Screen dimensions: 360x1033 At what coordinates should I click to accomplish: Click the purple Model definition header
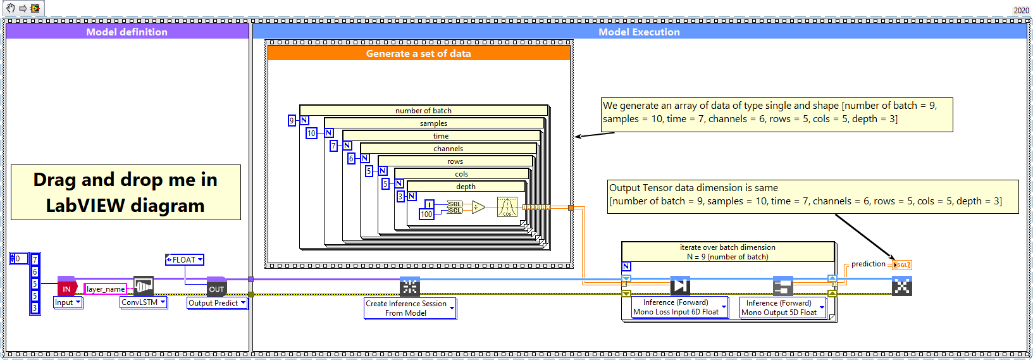point(127,32)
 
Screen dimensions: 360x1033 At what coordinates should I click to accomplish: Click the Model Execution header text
point(639,32)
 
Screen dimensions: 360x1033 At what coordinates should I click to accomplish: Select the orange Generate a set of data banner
point(418,54)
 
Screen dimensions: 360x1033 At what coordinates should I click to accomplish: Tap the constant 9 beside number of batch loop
point(292,120)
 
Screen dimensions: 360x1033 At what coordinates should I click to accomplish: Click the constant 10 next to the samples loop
point(311,133)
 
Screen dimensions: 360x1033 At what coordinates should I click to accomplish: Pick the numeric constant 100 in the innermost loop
point(426,214)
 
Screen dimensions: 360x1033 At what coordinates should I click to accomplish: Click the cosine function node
point(507,207)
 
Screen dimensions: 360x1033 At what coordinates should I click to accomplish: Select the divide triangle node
point(478,207)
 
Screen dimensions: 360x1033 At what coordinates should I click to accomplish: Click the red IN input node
point(66,289)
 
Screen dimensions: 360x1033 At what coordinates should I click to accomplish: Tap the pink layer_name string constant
point(105,289)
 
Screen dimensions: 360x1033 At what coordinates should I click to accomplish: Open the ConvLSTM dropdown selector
point(144,302)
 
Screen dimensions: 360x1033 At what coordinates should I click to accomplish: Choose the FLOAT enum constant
point(185,259)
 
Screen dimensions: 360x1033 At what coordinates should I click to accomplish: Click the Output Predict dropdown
point(217,303)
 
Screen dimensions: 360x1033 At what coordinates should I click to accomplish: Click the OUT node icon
point(216,289)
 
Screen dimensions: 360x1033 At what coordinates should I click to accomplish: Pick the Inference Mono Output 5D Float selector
point(782,308)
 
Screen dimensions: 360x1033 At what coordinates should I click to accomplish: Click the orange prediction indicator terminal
point(902,265)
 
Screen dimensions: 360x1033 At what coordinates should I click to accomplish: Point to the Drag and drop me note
point(125,192)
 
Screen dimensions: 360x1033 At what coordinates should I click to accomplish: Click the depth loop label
point(466,187)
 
